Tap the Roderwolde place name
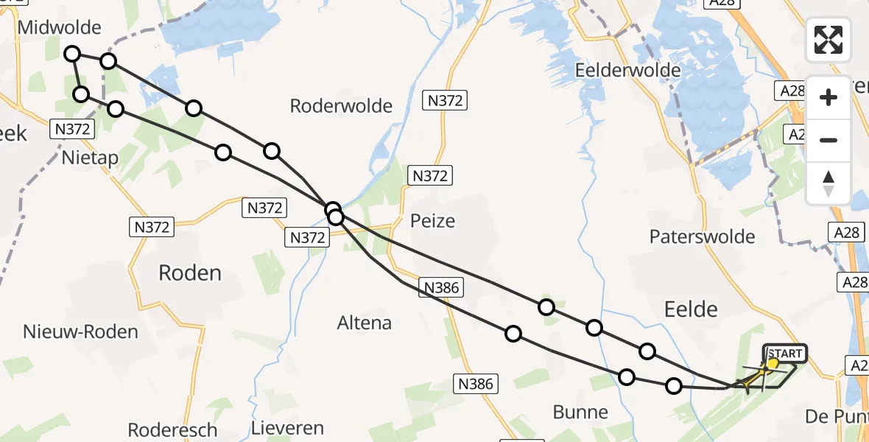point(341,105)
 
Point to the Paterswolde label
point(702,236)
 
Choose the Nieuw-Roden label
point(80,331)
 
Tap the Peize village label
point(433,220)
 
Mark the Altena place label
point(364,323)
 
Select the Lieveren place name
point(287,428)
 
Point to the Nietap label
point(91,158)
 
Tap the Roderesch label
point(172,429)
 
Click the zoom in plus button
point(828,97)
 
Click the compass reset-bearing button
point(828,183)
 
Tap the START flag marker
point(785,354)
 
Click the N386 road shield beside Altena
point(442,288)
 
